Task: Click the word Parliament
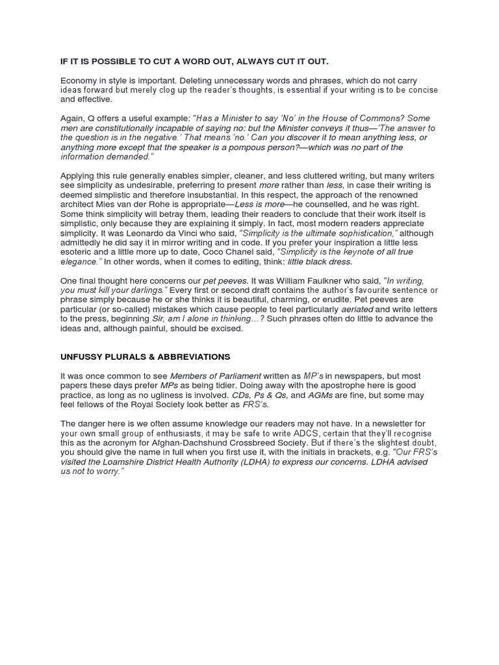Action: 238,376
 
